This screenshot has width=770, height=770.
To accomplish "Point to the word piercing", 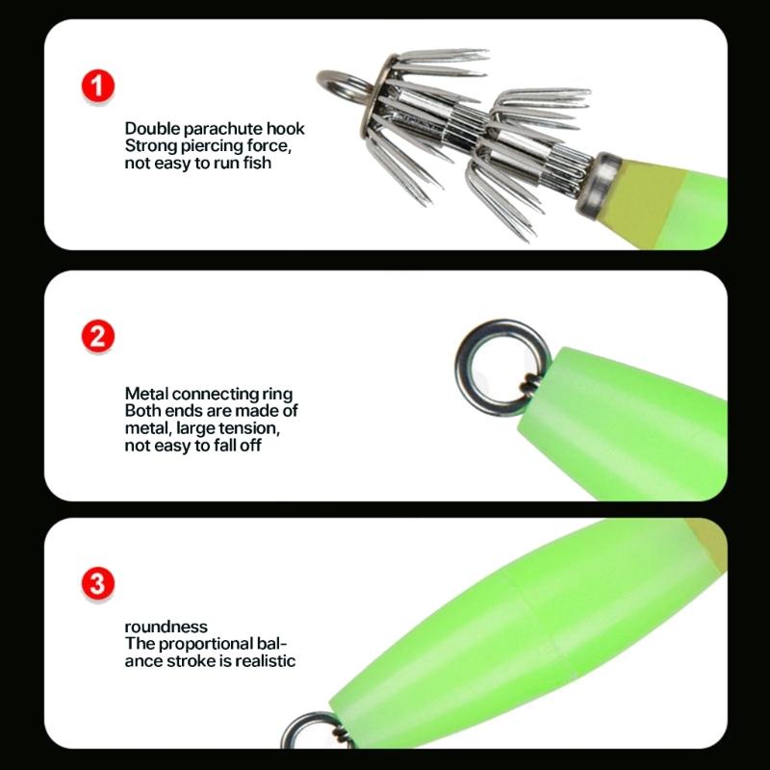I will click(218, 146).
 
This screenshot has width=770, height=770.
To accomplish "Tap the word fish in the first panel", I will click(256, 164).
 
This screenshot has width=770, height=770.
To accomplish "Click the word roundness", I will click(166, 628).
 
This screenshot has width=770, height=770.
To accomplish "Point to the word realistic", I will click(262, 661).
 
